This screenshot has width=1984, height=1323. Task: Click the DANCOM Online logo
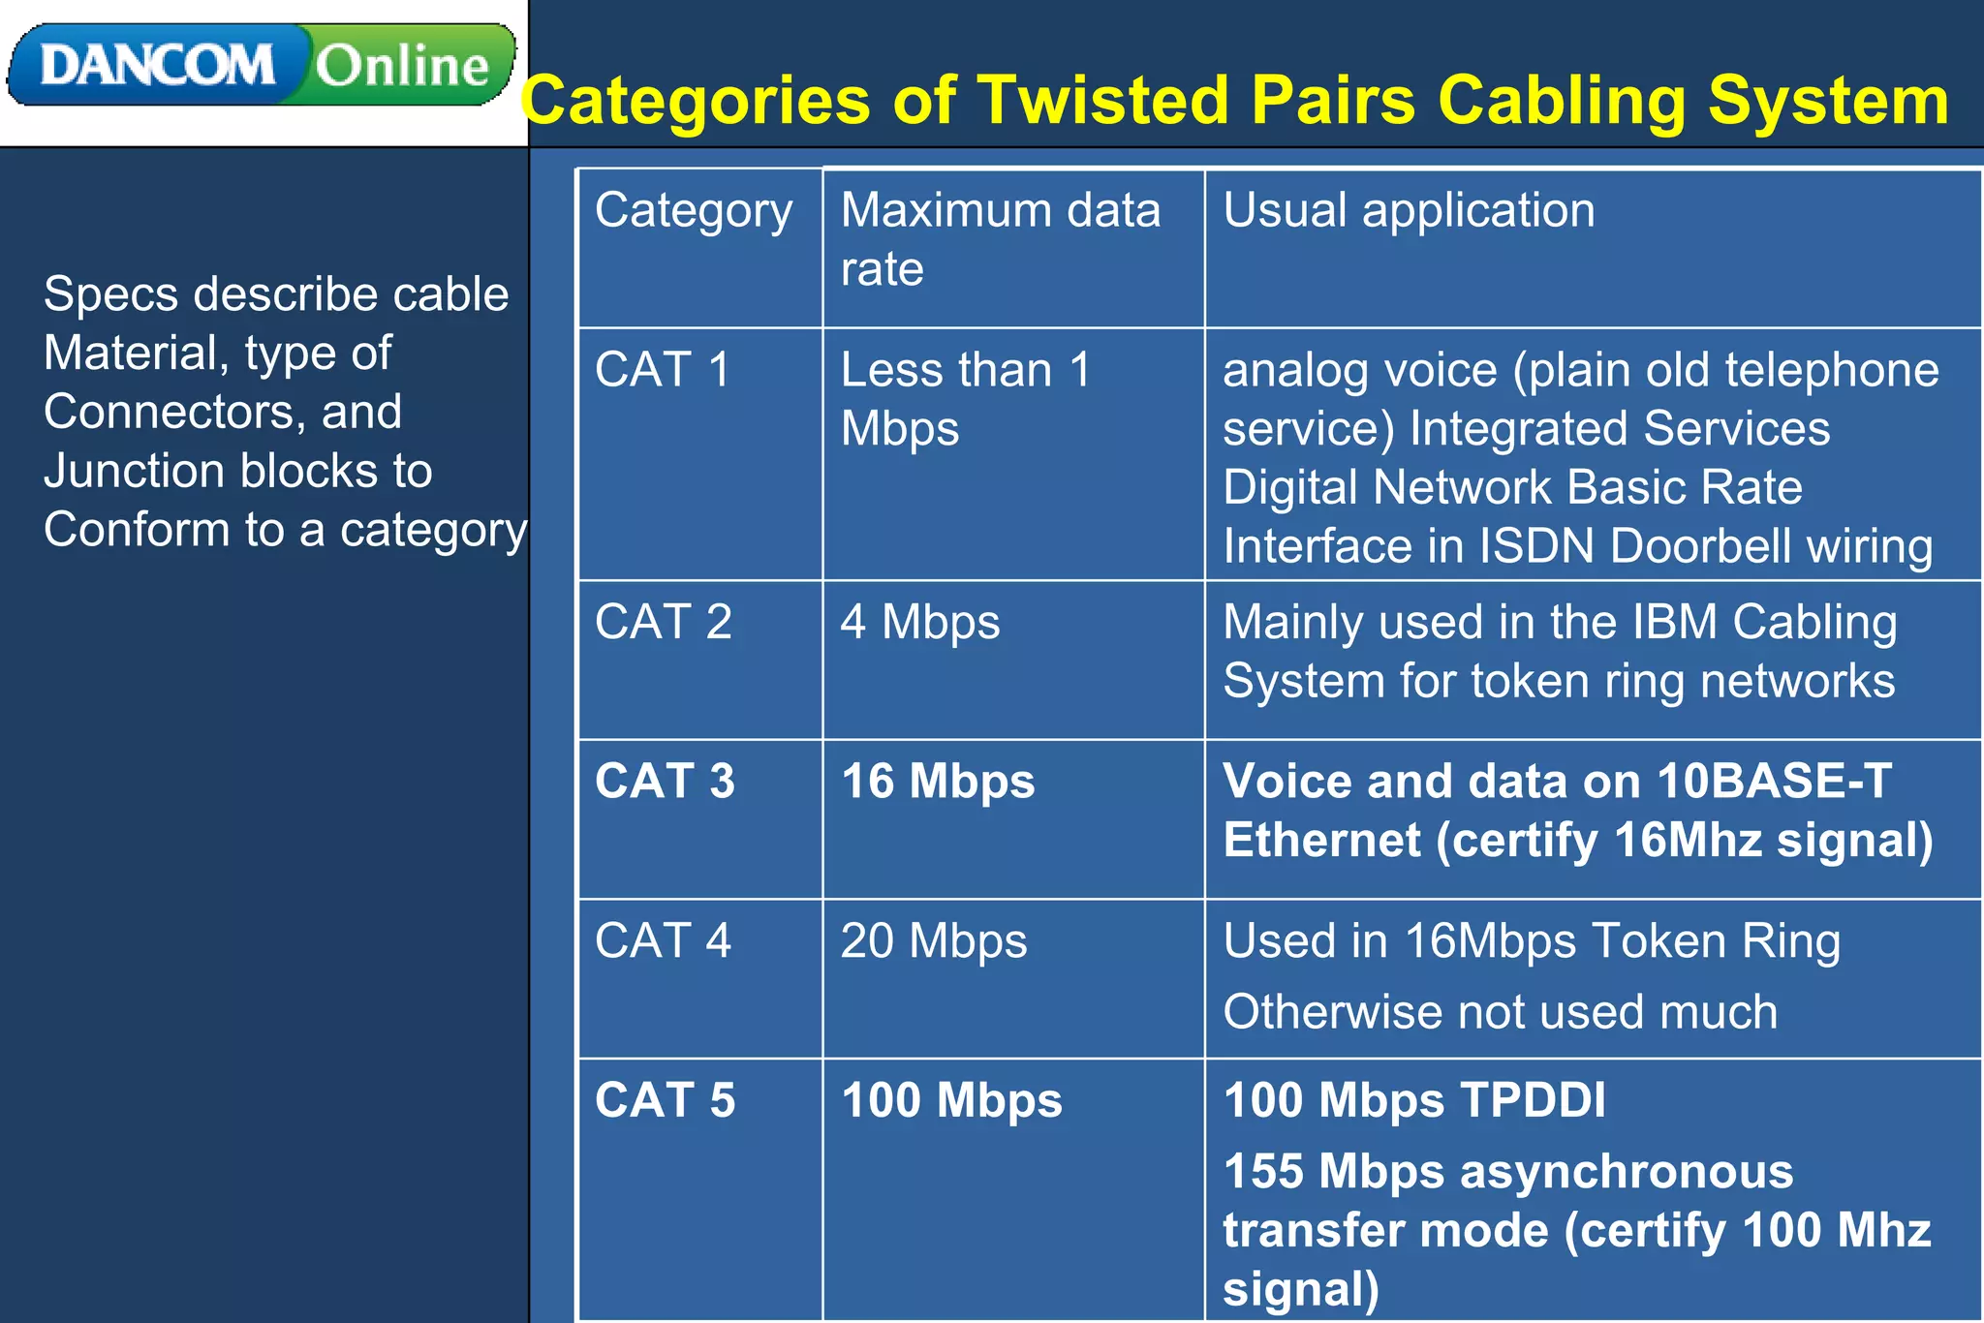(262, 65)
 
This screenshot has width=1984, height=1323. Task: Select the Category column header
(694, 211)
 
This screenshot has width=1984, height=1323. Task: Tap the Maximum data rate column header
(1000, 238)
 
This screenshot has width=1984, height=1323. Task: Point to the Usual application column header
(1408, 210)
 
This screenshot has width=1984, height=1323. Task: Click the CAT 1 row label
(663, 370)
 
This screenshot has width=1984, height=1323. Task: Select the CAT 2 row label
(664, 622)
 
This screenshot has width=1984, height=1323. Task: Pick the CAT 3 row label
(665, 781)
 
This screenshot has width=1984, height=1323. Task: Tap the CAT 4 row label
(664, 940)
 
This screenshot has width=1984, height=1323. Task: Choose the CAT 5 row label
(666, 1100)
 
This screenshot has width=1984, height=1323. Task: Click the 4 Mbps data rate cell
(919, 622)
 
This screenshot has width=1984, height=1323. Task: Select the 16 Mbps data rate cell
(937, 781)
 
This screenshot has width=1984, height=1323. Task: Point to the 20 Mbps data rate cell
(933, 940)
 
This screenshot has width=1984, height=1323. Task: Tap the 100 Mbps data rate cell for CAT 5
(951, 1100)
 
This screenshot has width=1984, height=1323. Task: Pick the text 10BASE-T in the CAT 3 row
(1774, 781)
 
